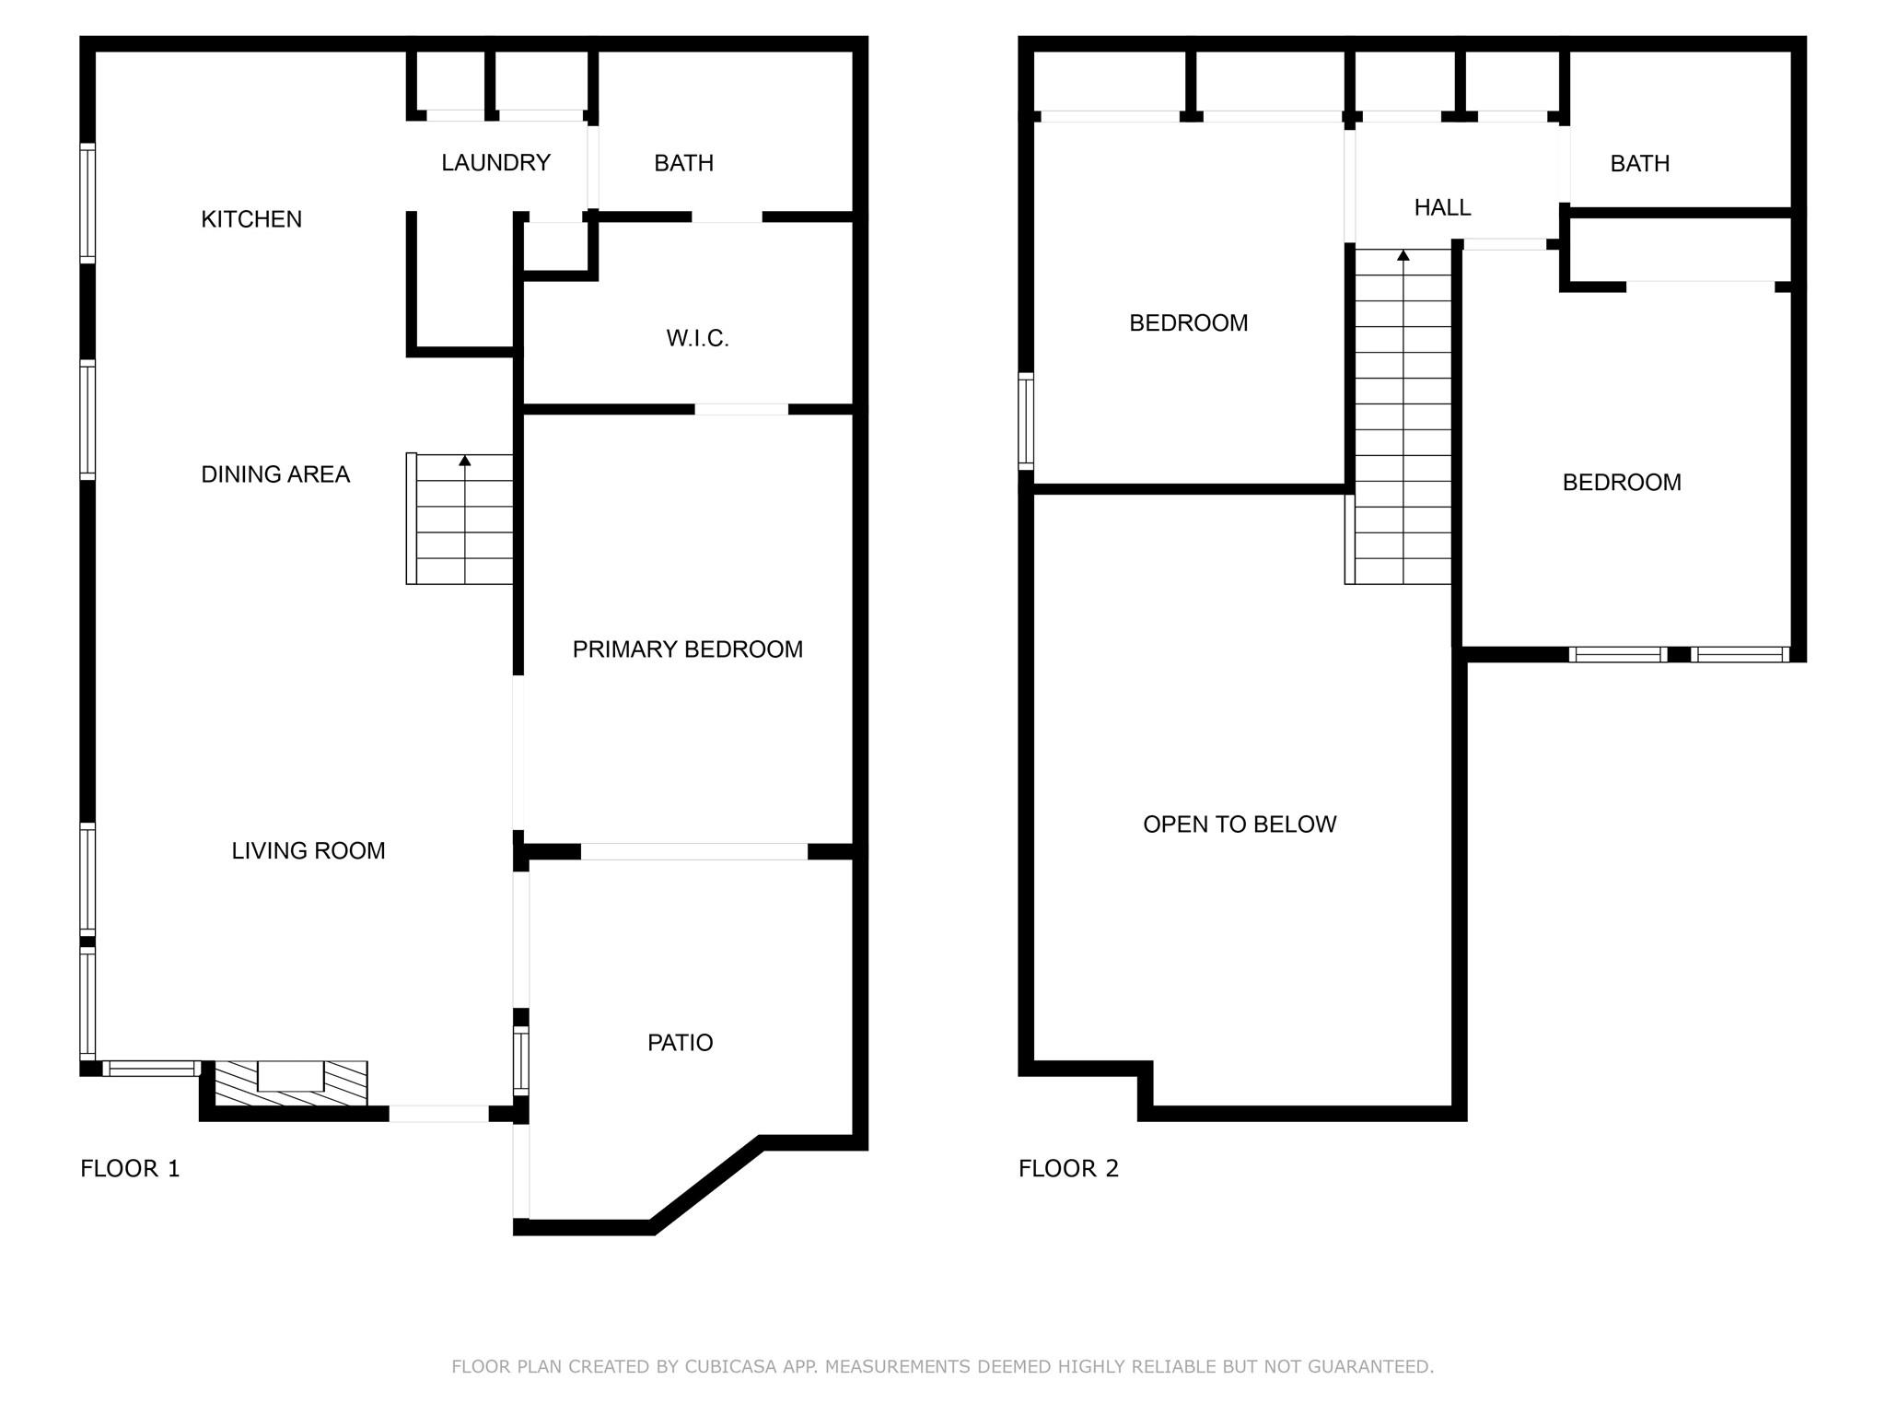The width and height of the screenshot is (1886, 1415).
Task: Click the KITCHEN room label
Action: pos(251,219)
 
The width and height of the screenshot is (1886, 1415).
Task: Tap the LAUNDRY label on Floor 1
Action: pos(495,163)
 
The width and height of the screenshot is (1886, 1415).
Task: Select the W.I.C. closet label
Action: pos(697,338)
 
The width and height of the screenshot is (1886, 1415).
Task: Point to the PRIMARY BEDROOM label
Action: pos(687,649)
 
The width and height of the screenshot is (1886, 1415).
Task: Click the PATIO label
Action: pos(680,1043)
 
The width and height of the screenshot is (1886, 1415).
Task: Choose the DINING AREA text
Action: pos(275,474)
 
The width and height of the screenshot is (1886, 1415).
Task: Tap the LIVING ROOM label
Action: pos(308,850)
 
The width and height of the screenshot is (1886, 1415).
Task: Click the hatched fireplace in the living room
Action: pos(290,1083)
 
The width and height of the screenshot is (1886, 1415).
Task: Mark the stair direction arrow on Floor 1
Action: pos(465,461)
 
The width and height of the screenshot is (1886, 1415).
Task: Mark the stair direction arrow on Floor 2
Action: pos(1403,255)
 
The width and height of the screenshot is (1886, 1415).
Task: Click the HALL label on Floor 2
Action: pos(1442,208)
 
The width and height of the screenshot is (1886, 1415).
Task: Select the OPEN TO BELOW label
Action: pos(1240,824)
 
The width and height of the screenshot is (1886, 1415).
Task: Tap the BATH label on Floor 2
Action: pos(1639,164)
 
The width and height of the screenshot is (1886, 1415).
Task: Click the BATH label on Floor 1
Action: pos(683,163)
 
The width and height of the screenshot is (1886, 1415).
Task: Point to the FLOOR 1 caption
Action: pos(130,1168)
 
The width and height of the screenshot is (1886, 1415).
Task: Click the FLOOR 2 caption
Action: pos(1068,1168)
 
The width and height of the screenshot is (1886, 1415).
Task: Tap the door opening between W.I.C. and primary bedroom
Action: pos(741,409)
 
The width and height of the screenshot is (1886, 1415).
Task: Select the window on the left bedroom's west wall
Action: pos(1025,420)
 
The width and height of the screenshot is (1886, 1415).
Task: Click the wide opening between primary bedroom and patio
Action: pos(694,852)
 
